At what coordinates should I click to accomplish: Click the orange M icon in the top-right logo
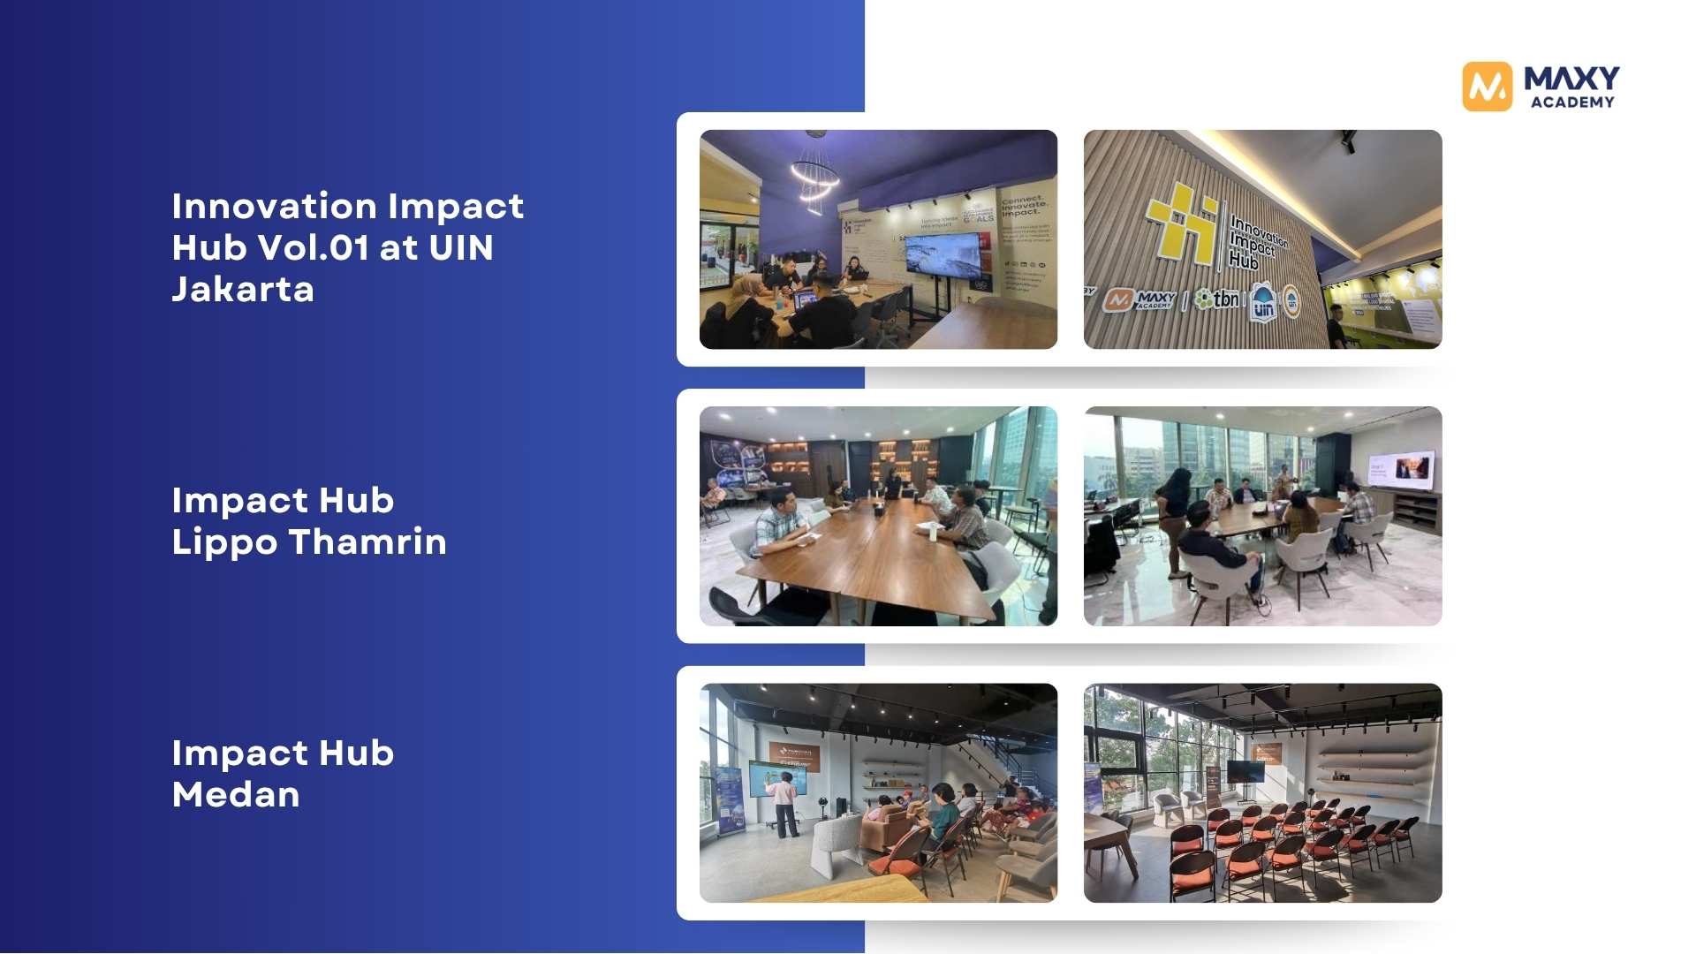pos(1487,87)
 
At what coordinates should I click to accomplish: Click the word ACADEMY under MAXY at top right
pos(1572,102)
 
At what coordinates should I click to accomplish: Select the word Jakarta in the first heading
pos(243,290)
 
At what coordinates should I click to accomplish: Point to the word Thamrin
pos(367,541)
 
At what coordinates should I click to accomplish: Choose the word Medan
pos(236,794)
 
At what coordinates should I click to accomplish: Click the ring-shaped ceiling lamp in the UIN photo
pos(814,177)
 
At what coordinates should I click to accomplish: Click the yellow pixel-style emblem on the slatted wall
pos(1182,222)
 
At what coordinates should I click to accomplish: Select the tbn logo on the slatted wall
pos(1218,299)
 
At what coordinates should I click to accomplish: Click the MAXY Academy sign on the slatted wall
pos(1140,300)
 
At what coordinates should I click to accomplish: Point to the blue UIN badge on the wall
pos(1263,302)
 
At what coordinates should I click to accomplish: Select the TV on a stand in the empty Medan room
pos(1245,772)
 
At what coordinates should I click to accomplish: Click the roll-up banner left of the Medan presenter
pos(729,799)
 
